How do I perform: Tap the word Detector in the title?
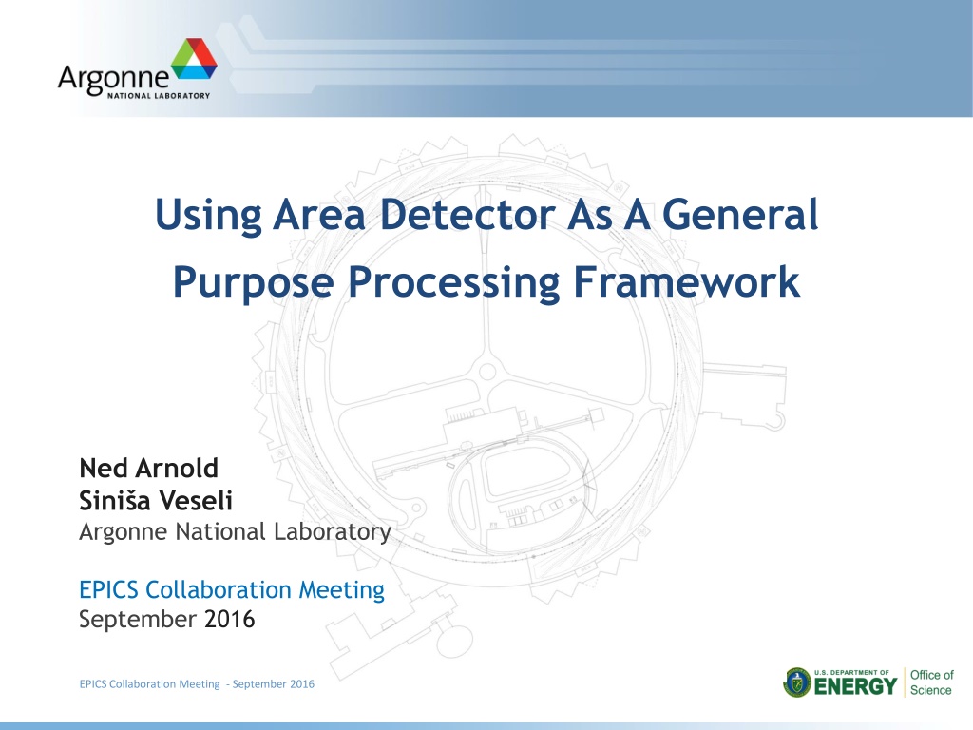pos(467,215)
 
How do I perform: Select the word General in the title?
pos(740,215)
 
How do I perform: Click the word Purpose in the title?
pos(253,283)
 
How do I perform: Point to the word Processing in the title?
pos(453,283)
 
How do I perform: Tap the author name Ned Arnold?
pos(149,468)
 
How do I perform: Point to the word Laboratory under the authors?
pos(332,532)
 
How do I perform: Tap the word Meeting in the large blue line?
pos(341,590)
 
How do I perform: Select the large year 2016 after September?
pos(230,620)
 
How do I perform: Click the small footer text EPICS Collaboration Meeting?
pos(149,684)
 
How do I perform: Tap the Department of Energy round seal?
pos(797,682)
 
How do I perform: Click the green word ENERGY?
pos(855,686)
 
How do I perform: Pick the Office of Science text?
pos(931,682)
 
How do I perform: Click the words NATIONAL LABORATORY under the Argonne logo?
pos(159,96)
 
